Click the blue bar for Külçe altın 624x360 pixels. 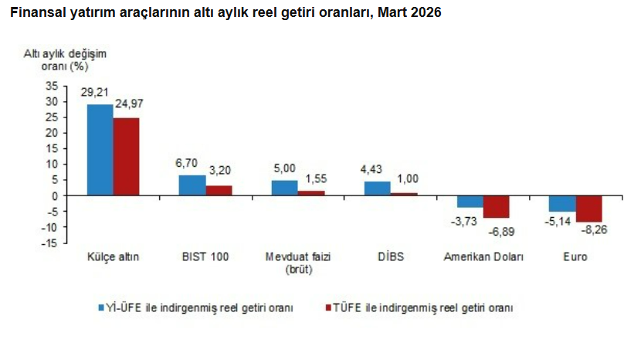pos(100,150)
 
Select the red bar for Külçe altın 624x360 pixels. pos(126,157)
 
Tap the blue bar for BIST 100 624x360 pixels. pos(192,185)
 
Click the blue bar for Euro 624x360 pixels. pos(562,203)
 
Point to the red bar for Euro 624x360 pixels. pos(588,209)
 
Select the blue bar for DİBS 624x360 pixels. pos(377,188)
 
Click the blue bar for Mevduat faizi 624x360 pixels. pos(284,188)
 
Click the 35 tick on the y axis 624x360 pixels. pos(50,85)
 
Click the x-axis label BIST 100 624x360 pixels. pos(205,257)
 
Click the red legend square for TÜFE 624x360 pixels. pos(327,307)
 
